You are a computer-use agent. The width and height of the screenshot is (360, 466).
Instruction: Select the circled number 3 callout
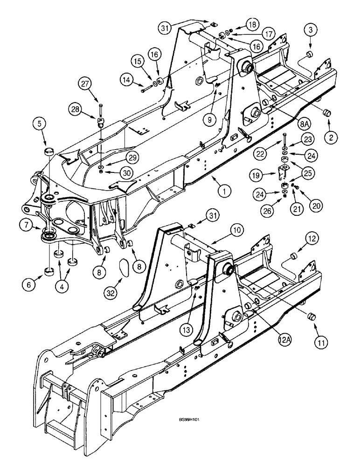pos(311,31)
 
